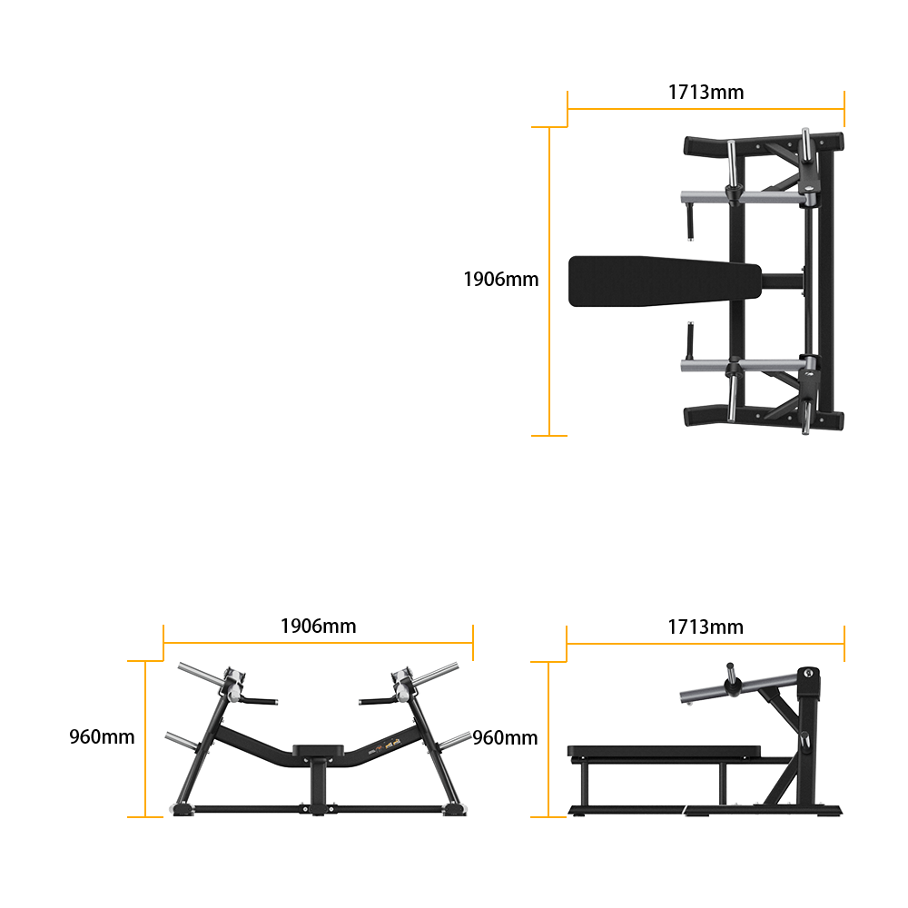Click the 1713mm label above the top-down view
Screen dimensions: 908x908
(706, 92)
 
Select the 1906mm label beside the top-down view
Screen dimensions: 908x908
(501, 279)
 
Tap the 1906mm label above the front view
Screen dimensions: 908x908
(319, 626)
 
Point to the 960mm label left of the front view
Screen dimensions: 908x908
(102, 736)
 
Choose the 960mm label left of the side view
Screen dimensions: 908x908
(505, 737)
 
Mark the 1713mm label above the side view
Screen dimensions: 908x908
(706, 627)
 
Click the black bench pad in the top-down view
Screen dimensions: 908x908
(665, 281)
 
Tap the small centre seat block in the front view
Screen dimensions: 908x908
(319, 751)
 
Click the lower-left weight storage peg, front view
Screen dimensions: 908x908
(182, 740)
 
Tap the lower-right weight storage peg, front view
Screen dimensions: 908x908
(455, 740)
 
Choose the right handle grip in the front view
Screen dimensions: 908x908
(378, 701)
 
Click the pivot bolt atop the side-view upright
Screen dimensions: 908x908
(808, 673)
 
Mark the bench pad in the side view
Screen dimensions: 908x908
(665, 752)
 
